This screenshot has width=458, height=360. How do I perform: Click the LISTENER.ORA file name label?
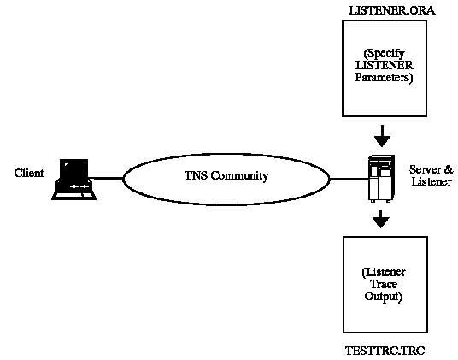tap(391, 11)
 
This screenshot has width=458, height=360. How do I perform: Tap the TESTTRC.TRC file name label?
tap(385, 351)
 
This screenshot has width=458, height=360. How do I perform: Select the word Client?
tap(29, 173)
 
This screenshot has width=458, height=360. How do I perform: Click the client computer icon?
tap(73, 180)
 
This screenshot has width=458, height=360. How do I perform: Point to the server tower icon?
tap(381, 179)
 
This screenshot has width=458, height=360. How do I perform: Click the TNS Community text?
tap(226, 175)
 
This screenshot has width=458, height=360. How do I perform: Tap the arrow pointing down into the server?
tap(382, 136)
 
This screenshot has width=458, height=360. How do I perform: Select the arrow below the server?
tap(380, 219)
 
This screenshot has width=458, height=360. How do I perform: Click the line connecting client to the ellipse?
tap(106, 178)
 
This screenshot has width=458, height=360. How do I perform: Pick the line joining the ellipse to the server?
tap(349, 179)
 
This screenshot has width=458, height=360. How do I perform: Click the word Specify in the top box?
tap(385, 54)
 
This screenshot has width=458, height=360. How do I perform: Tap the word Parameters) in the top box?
tap(384, 78)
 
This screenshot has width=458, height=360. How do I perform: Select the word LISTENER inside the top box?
tap(385, 66)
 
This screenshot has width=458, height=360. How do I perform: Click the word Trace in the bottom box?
tap(384, 284)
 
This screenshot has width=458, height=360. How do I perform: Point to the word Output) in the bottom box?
tap(383, 297)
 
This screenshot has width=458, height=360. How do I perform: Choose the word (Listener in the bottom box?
tap(384, 272)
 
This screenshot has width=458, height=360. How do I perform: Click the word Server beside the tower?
tap(426, 169)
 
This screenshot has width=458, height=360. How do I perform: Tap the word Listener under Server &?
tap(432, 182)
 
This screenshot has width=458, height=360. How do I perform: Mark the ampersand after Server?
tap(449, 169)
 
